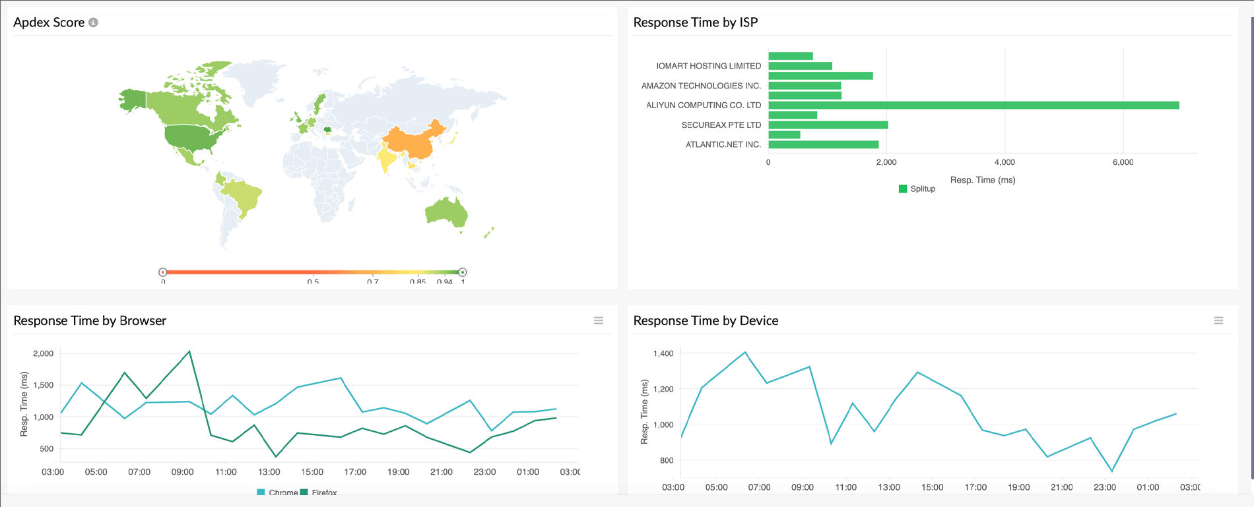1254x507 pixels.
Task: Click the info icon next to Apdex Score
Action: (94, 22)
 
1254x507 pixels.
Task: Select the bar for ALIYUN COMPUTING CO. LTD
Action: (973, 105)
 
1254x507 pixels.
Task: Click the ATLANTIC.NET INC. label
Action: (723, 144)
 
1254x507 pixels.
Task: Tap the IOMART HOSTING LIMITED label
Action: (708, 66)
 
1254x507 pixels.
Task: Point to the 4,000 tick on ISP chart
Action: (1005, 162)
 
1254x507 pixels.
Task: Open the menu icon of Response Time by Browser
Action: (599, 320)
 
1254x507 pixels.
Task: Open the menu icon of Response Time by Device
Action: (1218, 320)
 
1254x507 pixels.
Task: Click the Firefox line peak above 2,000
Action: (189, 351)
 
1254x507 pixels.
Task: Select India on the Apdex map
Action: (386, 158)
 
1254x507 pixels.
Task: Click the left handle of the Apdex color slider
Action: (162, 272)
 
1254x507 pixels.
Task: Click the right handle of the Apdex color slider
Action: (463, 272)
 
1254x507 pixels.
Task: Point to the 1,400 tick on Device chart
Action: (663, 354)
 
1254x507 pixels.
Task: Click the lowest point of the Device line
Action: (1112, 471)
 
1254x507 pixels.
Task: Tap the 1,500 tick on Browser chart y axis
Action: (43, 385)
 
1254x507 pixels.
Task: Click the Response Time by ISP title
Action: (695, 22)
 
